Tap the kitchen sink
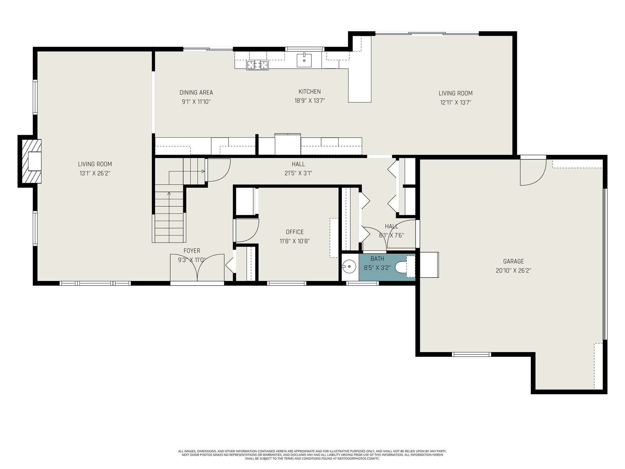304,60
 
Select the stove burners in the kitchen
257,65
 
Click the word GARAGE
513,261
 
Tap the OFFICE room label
295,232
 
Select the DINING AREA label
196,92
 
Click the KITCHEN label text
309,91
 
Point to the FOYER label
192,251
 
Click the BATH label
377,259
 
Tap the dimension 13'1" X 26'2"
95,173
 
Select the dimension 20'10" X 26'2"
513,270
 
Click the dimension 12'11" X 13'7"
455,102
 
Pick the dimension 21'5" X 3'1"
298,173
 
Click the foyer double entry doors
197,268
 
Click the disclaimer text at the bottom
312,455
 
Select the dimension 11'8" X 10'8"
295,241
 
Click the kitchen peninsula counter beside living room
360,86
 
